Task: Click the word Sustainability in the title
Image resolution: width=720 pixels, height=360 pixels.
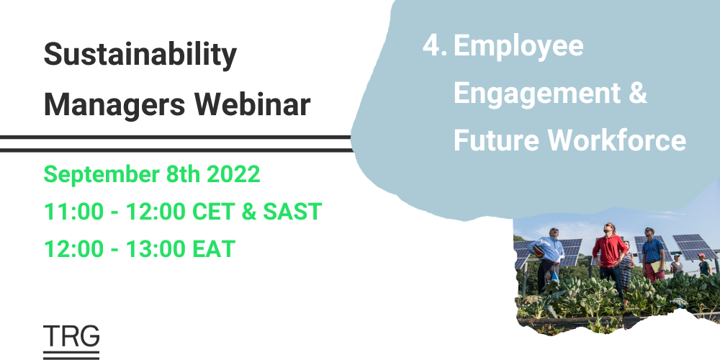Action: [x=140, y=56]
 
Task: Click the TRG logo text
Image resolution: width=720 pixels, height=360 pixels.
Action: [x=71, y=336]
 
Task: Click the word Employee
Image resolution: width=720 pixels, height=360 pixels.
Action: [x=518, y=48]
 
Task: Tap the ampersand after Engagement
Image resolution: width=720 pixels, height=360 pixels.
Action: [x=636, y=94]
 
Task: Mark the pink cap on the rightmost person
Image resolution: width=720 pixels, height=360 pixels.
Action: [x=702, y=256]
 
